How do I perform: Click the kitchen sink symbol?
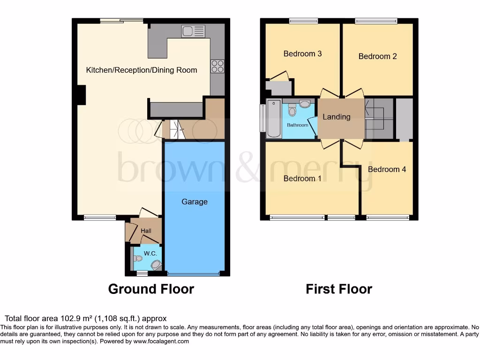point(193,31)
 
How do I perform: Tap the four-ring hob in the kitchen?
point(217,66)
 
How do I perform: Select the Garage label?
point(195,202)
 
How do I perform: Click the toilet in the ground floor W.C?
point(138,258)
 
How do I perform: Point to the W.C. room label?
point(150,254)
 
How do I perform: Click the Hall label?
point(140,231)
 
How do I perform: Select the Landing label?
point(337,117)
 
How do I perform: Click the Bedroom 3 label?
point(302,53)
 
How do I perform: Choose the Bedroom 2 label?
point(377,56)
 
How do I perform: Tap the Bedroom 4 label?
point(387,169)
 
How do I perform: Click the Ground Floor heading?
point(151,289)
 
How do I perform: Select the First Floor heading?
point(339,289)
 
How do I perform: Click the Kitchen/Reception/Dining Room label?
point(142,70)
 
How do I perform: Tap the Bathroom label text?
point(298,125)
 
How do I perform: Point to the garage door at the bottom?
point(193,274)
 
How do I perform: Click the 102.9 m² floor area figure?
point(63,318)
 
